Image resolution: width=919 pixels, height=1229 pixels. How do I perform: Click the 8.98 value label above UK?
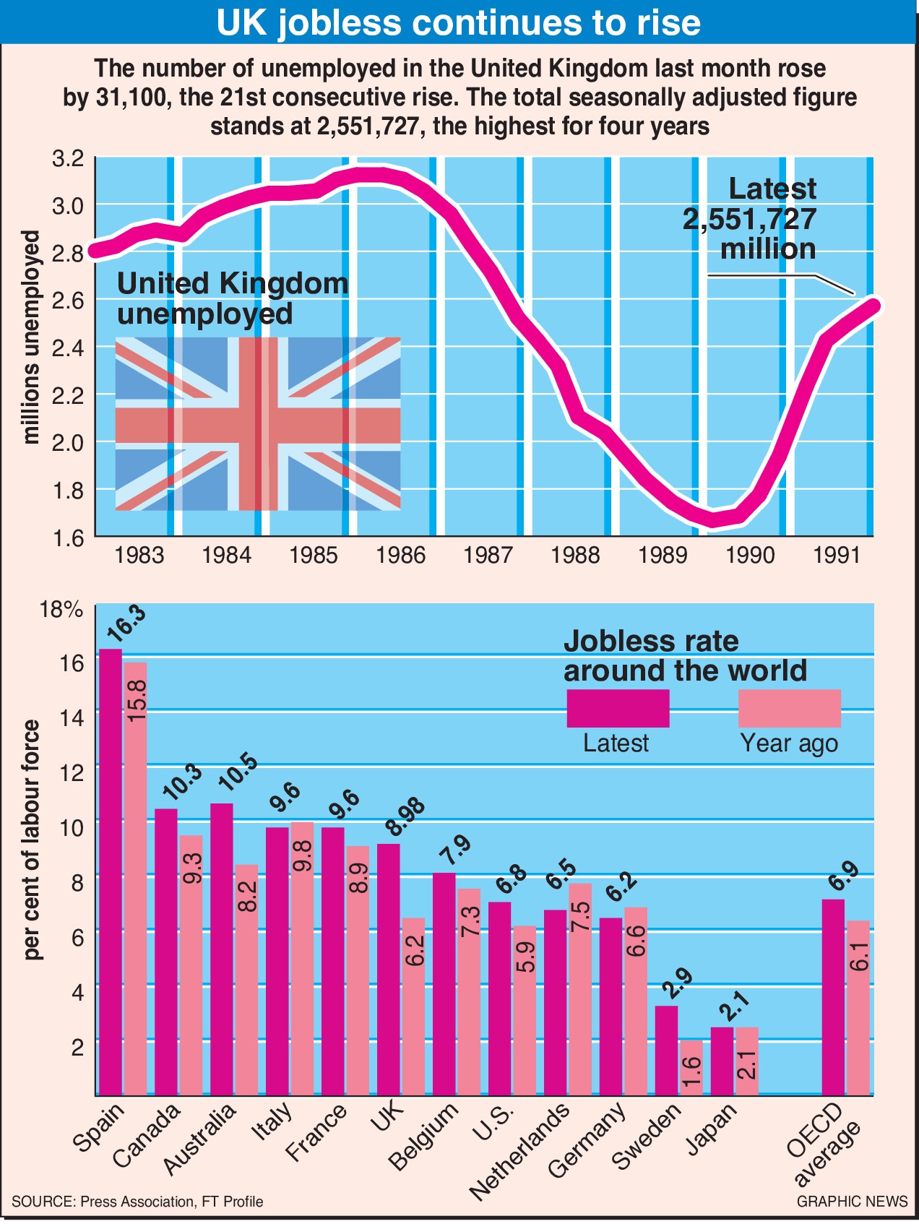click(x=405, y=819)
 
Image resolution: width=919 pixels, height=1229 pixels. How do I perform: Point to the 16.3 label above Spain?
click(x=126, y=624)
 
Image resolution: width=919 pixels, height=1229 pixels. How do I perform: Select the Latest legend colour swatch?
click(x=618, y=708)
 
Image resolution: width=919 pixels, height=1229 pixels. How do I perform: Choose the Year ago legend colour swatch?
click(x=789, y=708)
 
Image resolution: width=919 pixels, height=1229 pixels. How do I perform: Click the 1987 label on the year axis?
click(x=488, y=556)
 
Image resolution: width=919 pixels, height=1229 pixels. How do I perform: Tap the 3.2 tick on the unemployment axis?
click(x=69, y=158)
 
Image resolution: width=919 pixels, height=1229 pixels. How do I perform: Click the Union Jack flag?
click(x=258, y=423)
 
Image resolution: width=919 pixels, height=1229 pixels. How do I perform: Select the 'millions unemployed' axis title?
click(x=31, y=337)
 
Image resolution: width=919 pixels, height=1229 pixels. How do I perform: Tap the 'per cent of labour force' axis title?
click(x=33, y=840)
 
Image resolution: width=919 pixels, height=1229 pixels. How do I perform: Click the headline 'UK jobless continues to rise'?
click(x=459, y=23)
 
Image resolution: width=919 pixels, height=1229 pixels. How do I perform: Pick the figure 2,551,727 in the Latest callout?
click(x=749, y=219)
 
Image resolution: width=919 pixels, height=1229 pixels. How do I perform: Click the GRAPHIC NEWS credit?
click(x=852, y=1202)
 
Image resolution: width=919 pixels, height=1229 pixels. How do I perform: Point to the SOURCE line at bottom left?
click(x=137, y=1202)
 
